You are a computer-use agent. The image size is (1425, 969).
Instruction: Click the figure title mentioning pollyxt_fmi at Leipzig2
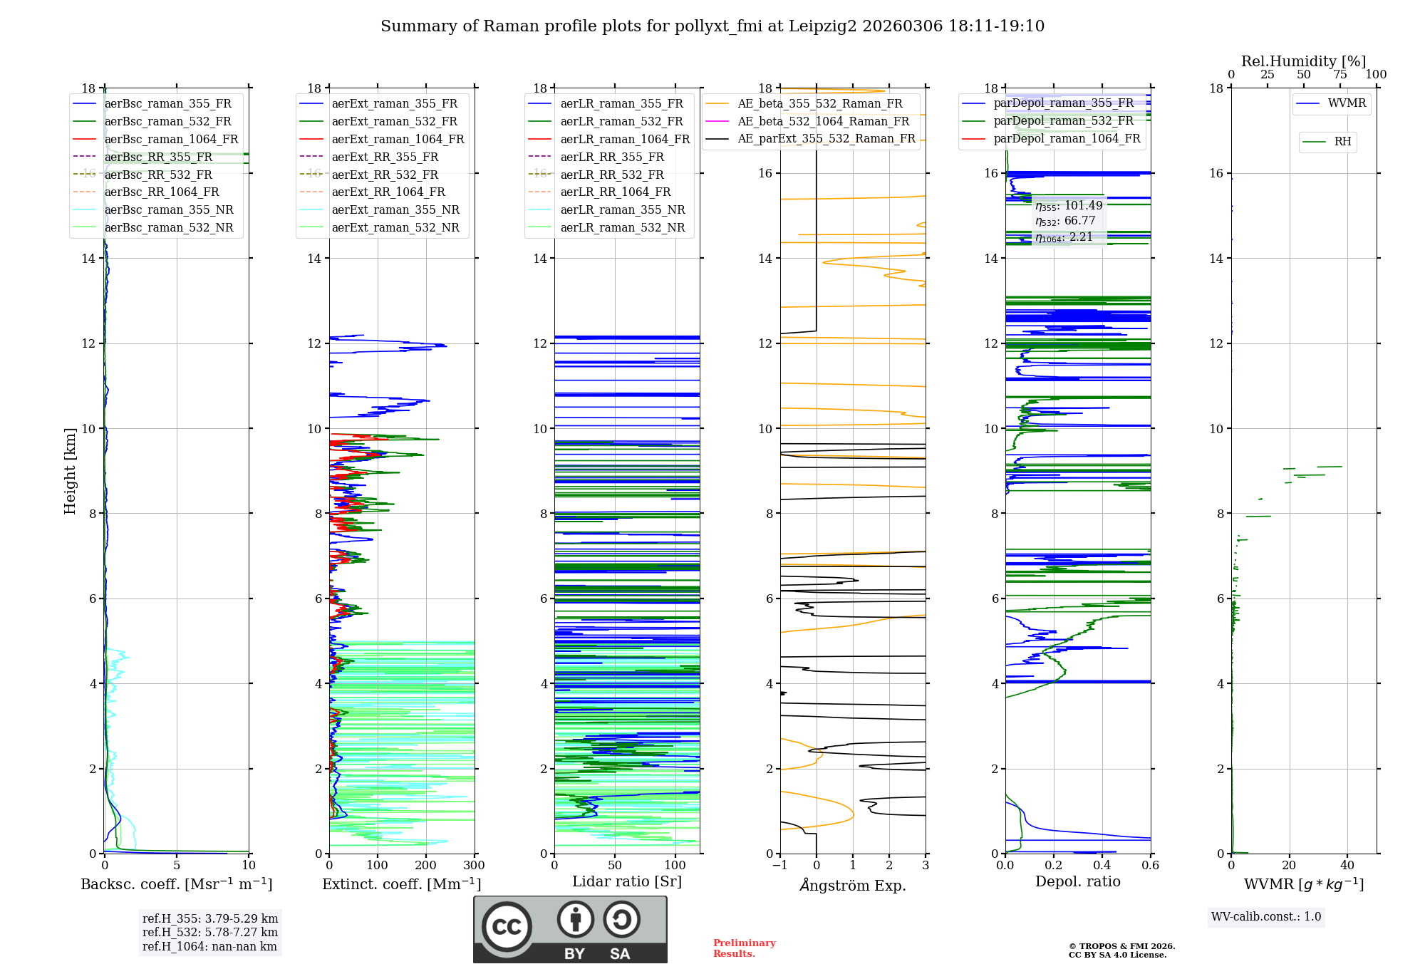(x=712, y=26)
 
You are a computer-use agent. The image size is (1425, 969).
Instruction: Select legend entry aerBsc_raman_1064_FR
(x=171, y=139)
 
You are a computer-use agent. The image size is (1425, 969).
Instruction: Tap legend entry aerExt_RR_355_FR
(x=385, y=157)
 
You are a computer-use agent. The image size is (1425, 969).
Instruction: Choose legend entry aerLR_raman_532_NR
(x=622, y=227)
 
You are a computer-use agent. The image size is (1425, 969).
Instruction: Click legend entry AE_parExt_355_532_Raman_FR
(x=826, y=138)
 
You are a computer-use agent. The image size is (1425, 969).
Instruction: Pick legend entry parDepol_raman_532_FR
(x=1063, y=120)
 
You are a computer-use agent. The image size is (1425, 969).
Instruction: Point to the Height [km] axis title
(x=70, y=470)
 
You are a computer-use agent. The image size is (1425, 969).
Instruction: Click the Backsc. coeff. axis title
(x=176, y=884)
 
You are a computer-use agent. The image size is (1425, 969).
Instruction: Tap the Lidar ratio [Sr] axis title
(x=627, y=881)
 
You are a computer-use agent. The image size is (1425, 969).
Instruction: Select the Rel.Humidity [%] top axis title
(x=1303, y=61)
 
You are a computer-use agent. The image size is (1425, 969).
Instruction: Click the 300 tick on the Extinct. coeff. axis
(x=474, y=866)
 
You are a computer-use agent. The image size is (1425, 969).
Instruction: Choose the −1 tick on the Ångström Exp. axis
(x=779, y=866)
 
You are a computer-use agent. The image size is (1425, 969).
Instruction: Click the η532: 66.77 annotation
(x=1065, y=221)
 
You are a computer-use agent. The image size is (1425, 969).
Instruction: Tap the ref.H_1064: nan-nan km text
(x=209, y=946)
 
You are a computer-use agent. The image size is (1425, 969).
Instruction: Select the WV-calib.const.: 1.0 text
(x=1266, y=917)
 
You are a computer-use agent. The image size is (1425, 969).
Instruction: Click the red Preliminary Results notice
(x=744, y=948)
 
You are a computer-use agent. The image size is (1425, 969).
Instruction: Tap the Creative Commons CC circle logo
(x=507, y=927)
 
